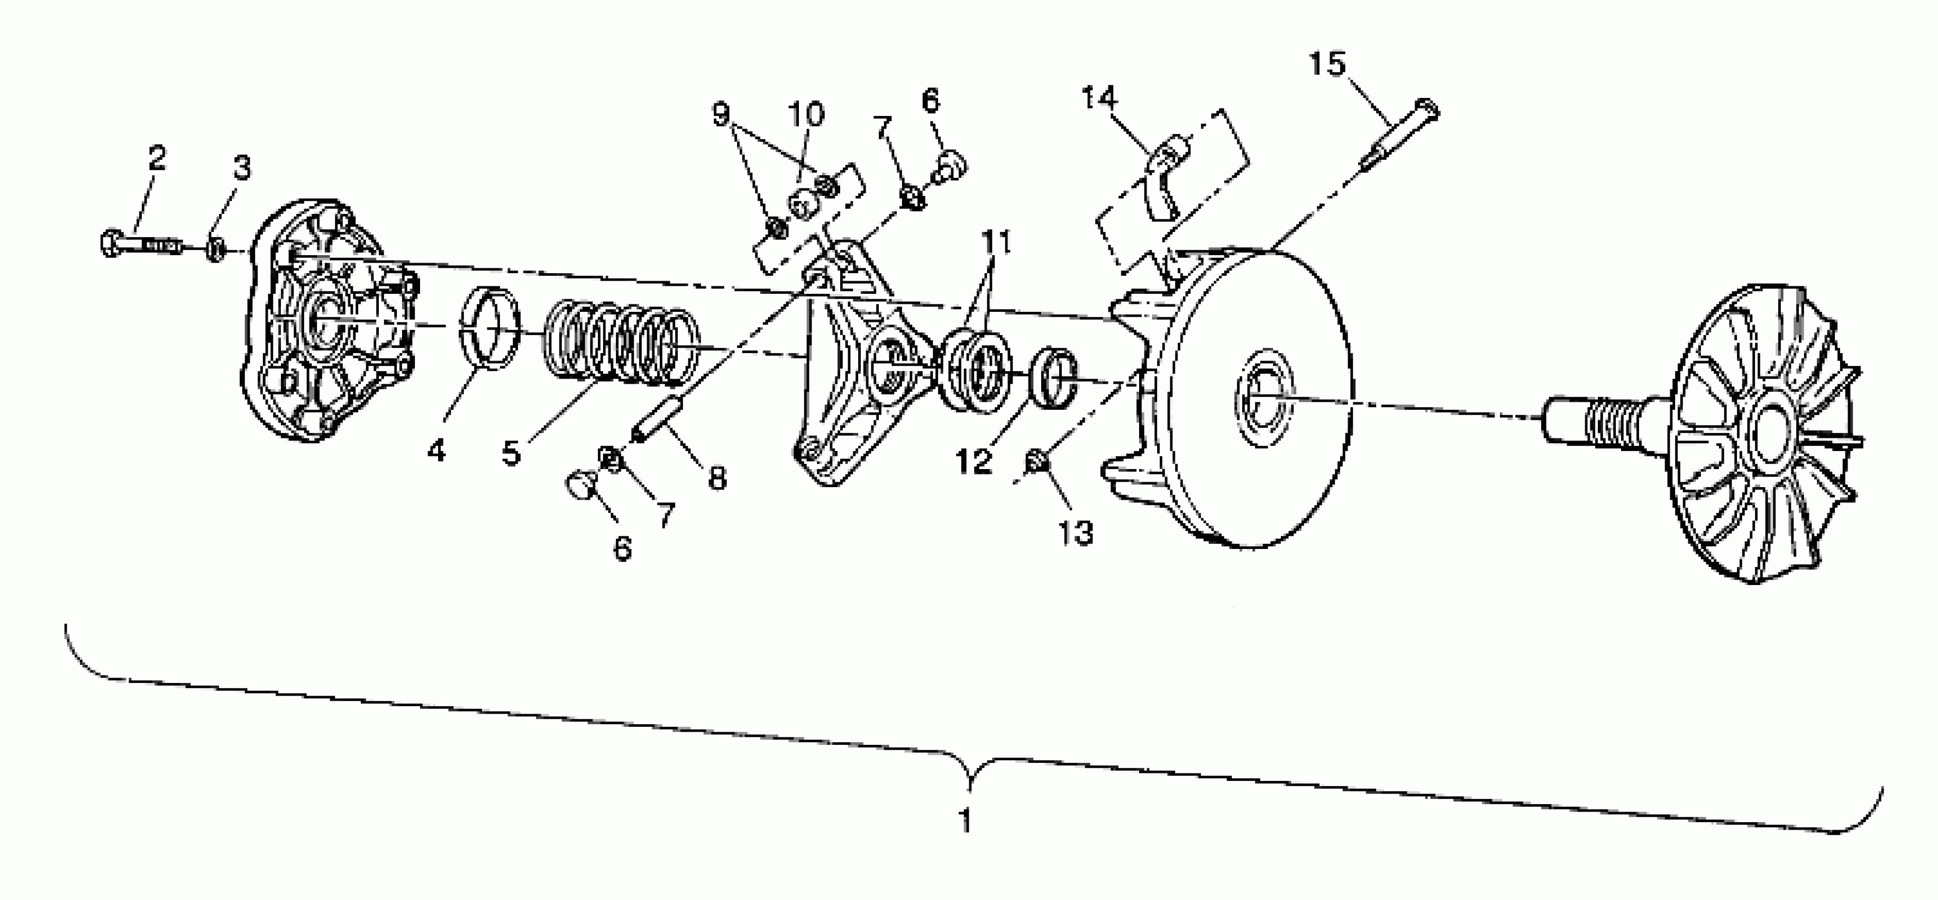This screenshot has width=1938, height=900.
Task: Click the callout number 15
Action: coord(1326,64)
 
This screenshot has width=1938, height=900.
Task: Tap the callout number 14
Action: coord(1099,98)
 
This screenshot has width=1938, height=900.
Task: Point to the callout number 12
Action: coord(973,461)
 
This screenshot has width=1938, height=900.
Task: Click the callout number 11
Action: coord(996,243)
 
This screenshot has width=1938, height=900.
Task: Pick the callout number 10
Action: coord(806,114)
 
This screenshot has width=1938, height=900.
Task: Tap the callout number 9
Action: coord(721,114)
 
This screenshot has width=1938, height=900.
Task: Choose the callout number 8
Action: coord(717,477)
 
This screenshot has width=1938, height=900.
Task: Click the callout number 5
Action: coord(512,453)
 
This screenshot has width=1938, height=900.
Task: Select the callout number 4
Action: coord(436,451)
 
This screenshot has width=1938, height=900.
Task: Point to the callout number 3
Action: coord(241,168)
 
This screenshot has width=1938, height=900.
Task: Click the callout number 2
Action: coord(157,158)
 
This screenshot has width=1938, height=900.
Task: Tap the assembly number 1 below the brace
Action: coord(965,820)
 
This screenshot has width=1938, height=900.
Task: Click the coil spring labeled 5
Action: coord(621,345)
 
